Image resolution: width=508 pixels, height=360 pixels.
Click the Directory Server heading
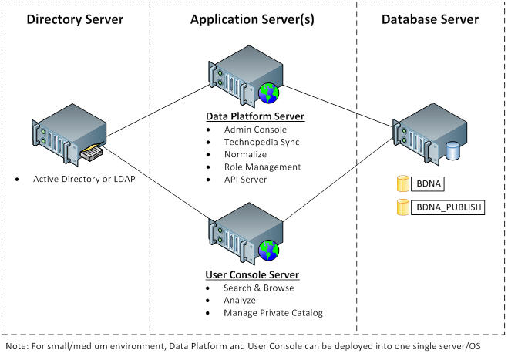pos(74,19)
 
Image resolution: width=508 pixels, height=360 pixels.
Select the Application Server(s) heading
pos(253,19)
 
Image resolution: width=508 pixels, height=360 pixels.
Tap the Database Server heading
pos(430,19)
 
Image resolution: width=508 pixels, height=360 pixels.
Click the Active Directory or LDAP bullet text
pos(79,179)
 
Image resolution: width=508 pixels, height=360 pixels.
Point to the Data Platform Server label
pos(254,116)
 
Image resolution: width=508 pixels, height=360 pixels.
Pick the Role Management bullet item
pos(262,167)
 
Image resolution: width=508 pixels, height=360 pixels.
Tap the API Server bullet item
pos(245,179)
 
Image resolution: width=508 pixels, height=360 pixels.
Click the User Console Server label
pos(252,274)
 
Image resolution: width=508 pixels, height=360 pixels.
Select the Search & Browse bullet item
pos(258,288)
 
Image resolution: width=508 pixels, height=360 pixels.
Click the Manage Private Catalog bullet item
pos(271,312)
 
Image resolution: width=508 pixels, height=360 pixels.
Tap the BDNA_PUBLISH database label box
pos(449,207)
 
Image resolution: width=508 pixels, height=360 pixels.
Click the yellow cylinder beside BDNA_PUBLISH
pos(401,207)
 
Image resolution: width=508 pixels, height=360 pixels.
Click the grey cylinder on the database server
pos(452,150)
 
